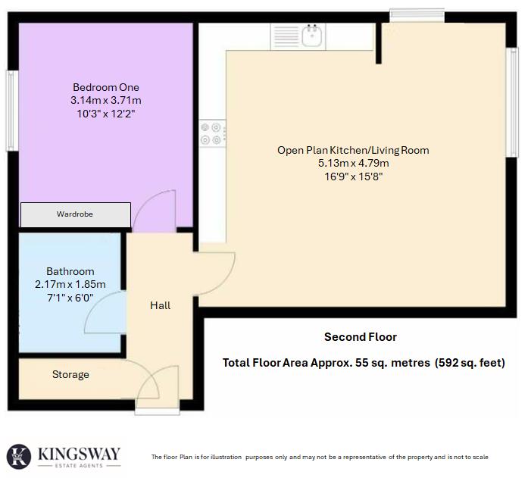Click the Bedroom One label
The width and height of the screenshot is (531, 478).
(106, 86)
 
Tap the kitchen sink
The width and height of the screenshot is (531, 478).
(312, 35)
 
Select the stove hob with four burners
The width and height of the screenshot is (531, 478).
(211, 133)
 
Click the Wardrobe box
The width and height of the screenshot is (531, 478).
(75, 215)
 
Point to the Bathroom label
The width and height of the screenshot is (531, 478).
(70, 271)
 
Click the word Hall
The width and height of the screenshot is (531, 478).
(160, 305)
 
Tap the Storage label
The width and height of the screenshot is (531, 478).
(70, 374)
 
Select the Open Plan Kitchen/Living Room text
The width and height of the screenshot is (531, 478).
(353, 150)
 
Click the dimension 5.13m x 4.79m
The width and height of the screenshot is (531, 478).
(353, 163)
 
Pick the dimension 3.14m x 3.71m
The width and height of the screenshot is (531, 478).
(106, 100)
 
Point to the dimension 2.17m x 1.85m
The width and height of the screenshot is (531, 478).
(70, 284)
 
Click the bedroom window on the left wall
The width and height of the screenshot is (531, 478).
(11, 111)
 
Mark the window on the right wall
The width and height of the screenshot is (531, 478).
(513, 102)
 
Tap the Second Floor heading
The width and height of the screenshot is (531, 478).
(361, 337)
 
